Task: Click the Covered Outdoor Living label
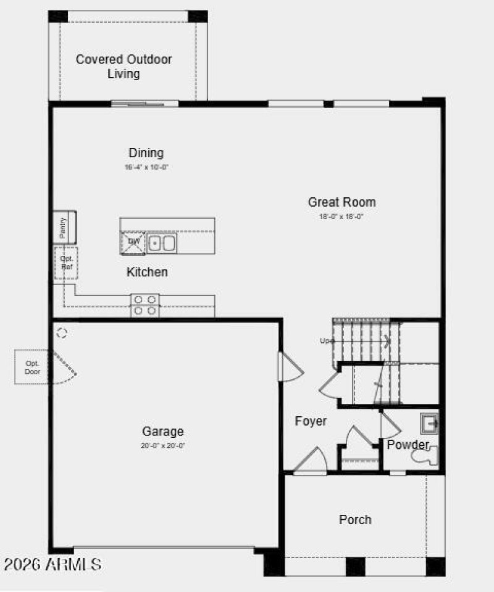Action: point(124,67)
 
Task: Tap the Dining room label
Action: point(146,153)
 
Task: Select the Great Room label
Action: point(341,202)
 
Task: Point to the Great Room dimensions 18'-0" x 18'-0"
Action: point(341,216)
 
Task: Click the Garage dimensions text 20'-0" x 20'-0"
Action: point(163,445)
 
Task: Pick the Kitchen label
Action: point(147,272)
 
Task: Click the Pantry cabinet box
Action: point(64,227)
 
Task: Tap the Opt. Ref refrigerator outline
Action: point(65,263)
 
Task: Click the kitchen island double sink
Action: point(162,242)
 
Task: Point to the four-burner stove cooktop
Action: point(144,305)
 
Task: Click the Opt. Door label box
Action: point(32,368)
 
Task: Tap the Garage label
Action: point(163,432)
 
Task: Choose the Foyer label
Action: point(311,421)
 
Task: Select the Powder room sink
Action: point(430,424)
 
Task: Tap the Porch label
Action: point(355,520)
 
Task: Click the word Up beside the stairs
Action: point(326,340)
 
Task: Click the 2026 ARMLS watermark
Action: point(52,564)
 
